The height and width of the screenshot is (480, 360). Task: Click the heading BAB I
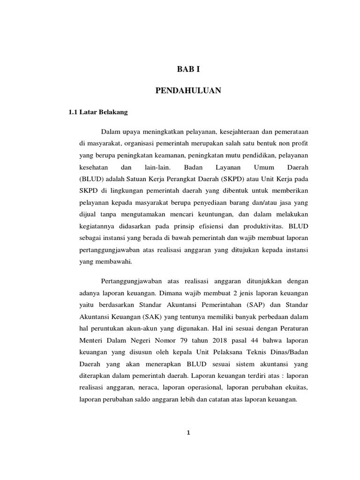pyautogui.click(x=188, y=69)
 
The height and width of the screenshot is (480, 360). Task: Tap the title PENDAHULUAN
pyautogui.click(x=188, y=91)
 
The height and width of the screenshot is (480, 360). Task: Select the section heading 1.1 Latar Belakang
pyautogui.click(x=98, y=112)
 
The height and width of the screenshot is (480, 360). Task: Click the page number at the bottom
pyautogui.click(x=188, y=433)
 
